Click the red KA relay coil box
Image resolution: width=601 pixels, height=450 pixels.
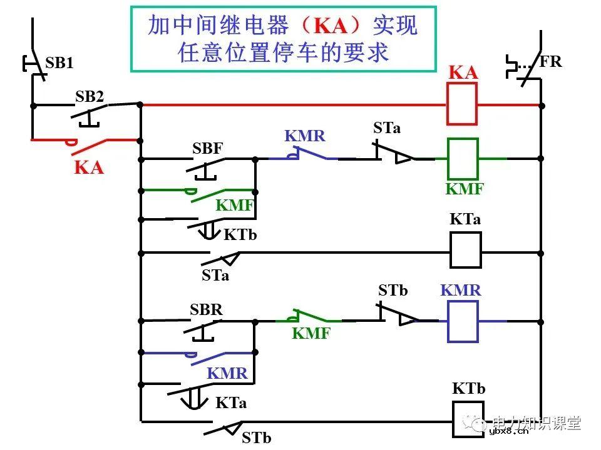[x=462, y=104]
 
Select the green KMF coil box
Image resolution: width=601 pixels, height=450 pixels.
[x=463, y=158]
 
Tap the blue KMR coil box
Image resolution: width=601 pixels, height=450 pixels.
[x=463, y=321]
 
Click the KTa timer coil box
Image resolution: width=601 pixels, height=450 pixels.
[x=466, y=250]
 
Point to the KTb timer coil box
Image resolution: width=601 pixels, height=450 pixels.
[x=469, y=419]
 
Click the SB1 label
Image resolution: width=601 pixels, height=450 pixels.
[x=59, y=62]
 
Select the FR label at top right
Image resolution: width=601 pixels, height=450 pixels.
[x=550, y=61]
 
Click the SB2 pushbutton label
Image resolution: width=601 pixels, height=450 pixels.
[x=90, y=97]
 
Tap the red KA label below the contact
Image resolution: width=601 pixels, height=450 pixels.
[x=89, y=167]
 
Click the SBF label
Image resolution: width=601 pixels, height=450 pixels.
[x=208, y=149]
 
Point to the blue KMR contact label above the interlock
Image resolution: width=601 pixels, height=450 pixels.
[x=305, y=136]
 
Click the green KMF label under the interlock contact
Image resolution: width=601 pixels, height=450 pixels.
[x=311, y=334]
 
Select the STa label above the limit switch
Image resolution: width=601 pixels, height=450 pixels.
[x=387, y=128]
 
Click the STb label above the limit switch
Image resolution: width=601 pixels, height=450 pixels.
[x=393, y=291]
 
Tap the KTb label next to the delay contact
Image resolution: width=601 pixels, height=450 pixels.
[x=240, y=235]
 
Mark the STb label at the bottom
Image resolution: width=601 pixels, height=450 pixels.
[x=257, y=437]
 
